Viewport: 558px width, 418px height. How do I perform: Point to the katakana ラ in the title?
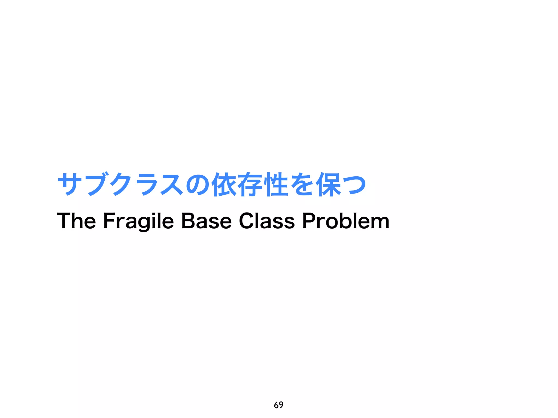(x=146, y=185)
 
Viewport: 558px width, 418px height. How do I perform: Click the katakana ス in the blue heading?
(x=172, y=185)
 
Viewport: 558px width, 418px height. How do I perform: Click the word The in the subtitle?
(x=76, y=221)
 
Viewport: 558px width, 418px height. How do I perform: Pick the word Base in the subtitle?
(x=206, y=221)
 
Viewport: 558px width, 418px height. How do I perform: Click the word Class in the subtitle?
(x=267, y=221)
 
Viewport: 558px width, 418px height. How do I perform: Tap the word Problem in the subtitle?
(x=346, y=221)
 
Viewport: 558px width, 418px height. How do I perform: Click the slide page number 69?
(x=279, y=405)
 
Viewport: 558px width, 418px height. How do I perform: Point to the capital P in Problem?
(x=309, y=221)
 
